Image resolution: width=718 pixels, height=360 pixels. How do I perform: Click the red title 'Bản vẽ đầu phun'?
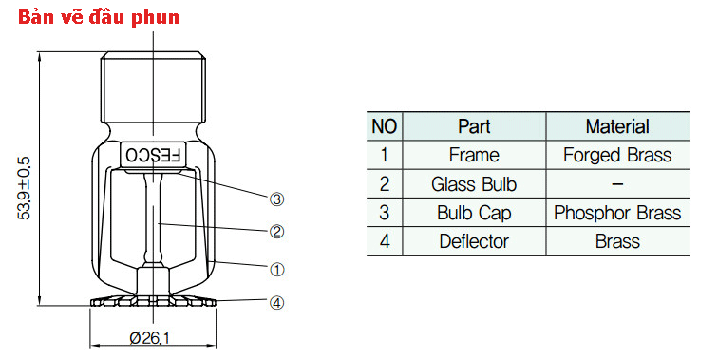[92, 17]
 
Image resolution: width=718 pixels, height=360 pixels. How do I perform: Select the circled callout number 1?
[277, 269]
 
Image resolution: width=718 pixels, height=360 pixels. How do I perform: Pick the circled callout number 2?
[277, 230]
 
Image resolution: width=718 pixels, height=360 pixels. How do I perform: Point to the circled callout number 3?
[277, 199]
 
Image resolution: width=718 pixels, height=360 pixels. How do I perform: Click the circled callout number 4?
[277, 304]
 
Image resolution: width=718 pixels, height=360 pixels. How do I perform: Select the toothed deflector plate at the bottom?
[152, 303]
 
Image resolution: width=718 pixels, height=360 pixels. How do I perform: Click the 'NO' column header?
[384, 126]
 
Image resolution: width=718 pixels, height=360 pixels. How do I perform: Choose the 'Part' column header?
[474, 126]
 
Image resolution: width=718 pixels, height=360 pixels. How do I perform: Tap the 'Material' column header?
[616, 126]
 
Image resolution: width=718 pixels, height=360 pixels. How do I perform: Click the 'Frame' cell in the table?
[474, 155]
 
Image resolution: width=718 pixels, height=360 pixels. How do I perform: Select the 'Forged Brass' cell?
[616, 155]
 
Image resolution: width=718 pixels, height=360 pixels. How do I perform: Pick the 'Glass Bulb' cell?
[474, 183]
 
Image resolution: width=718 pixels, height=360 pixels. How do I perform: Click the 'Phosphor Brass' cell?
[616, 213]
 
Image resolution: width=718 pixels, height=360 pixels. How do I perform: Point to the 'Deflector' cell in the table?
[474, 241]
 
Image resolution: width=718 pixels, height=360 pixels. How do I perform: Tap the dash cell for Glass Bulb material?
[616, 183]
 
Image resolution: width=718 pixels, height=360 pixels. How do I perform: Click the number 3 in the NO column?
[384, 213]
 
